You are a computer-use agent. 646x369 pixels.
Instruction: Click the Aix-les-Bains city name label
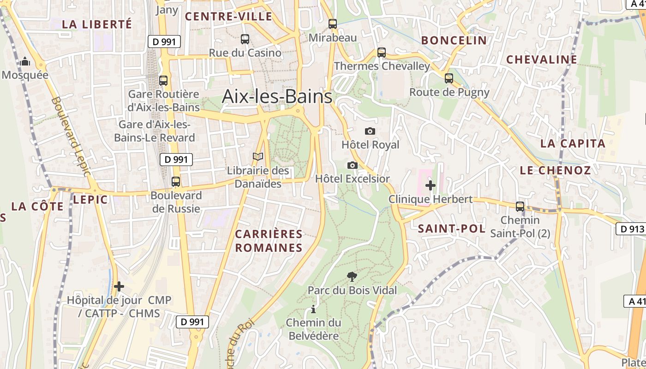coord(277,96)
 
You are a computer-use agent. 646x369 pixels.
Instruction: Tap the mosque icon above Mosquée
coord(25,61)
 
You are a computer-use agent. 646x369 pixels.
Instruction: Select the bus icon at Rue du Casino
coord(245,39)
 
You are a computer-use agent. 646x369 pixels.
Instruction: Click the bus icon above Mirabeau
coord(333,24)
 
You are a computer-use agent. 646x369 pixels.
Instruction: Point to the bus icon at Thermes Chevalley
coord(382,53)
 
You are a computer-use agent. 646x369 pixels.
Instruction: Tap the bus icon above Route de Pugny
coord(449,78)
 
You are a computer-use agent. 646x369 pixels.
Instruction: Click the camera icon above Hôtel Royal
coord(370,131)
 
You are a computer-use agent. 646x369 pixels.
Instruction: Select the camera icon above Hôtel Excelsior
coord(353,165)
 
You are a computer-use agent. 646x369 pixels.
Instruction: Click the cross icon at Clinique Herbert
coord(431,185)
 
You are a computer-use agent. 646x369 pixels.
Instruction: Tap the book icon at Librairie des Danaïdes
coord(258,157)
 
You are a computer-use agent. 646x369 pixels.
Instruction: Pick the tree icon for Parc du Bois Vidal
coord(352,277)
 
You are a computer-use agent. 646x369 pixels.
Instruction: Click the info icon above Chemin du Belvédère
coord(313,309)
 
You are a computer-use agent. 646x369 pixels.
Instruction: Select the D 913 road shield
coord(630,229)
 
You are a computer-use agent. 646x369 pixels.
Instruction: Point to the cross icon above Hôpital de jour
coord(119,286)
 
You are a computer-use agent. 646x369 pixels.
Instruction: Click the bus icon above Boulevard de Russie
coord(176,182)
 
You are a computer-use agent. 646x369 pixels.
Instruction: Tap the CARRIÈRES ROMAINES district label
coord(269,241)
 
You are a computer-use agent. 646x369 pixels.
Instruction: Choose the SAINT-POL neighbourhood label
coord(451,229)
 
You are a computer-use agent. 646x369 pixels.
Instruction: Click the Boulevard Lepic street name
coord(70,136)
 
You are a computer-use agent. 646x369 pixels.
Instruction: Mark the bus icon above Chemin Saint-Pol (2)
coord(520,207)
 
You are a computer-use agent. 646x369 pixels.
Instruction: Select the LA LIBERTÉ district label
coord(97,24)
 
